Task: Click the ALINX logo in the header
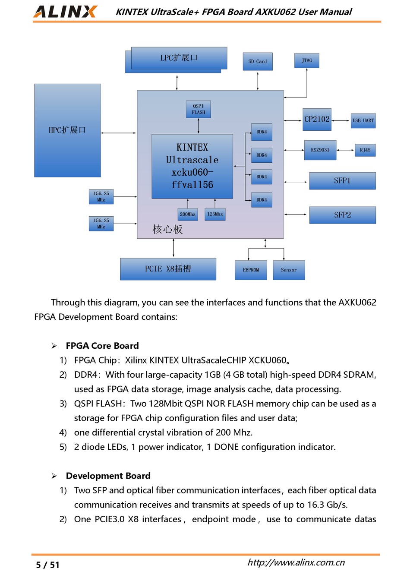(x=65, y=12)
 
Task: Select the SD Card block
(x=258, y=62)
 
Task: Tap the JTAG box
(x=306, y=60)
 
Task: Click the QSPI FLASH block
(x=199, y=109)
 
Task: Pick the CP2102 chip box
(x=317, y=120)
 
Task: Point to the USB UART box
(x=363, y=121)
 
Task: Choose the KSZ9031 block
(x=320, y=150)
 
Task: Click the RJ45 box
(x=365, y=150)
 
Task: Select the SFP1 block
(x=343, y=181)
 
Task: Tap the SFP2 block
(x=343, y=215)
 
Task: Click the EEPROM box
(x=251, y=270)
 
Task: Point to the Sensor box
(x=289, y=270)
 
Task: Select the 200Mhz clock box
(x=188, y=215)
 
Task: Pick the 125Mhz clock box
(x=215, y=214)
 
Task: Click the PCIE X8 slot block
(x=168, y=269)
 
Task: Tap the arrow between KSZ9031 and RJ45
(x=346, y=150)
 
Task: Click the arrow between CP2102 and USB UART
(x=341, y=121)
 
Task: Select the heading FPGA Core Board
(x=102, y=346)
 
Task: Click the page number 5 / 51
(x=48, y=565)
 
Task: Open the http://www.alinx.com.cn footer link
(x=296, y=562)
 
